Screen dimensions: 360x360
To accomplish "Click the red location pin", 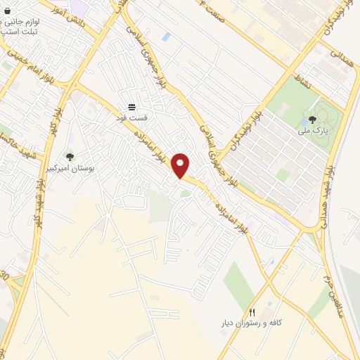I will (x=182, y=165).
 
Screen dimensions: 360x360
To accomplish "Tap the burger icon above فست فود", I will (x=131, y=107).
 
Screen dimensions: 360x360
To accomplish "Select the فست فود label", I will (x=131, y=118).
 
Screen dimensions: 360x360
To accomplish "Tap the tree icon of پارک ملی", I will (x=312, y=119).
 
